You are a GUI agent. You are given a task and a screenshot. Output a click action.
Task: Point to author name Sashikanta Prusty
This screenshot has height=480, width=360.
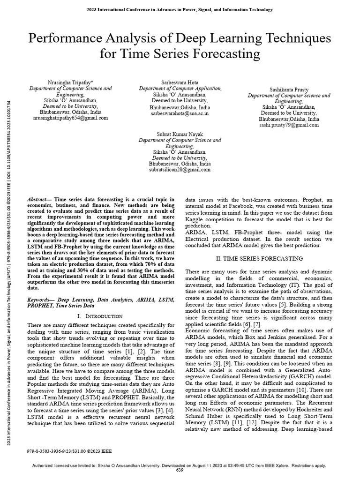289,89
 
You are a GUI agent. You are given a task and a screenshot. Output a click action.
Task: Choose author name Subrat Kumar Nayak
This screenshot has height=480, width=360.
180,134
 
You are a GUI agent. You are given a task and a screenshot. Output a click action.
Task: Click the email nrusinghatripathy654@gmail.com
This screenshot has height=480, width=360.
71,118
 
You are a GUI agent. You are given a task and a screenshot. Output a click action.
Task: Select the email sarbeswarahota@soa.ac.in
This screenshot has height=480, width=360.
180,113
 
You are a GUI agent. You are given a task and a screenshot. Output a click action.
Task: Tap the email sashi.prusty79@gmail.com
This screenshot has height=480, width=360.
289,125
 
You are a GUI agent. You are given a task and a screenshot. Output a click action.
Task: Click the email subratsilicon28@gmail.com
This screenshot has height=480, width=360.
180,170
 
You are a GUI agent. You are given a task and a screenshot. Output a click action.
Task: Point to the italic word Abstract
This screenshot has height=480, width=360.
39,199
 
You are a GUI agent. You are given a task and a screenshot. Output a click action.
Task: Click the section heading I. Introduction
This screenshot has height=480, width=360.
100,316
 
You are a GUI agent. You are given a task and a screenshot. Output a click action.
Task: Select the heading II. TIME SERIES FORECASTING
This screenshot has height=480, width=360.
259,258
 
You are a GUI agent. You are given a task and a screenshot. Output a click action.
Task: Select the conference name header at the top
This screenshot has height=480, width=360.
180,9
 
